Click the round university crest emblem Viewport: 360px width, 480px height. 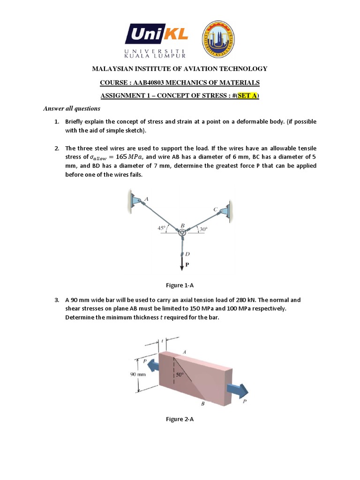pyautogui.click(x=219, y=40)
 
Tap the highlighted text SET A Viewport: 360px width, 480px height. pyautogui.click(x=246, y=96)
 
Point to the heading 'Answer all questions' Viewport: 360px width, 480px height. pyautogui.click(x=72, y=109)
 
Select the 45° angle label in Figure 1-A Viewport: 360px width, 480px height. pyautogui.click(x=162, y=228)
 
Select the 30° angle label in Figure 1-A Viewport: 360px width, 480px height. pyautogui.click(x=202, y=229)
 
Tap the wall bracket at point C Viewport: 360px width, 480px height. pyautogui.click(x=226, y=210)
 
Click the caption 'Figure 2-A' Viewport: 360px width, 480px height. pyautogui.click(x=180, y=419)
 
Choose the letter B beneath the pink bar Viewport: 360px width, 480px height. pyautogui.click(x=202, y=403)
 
